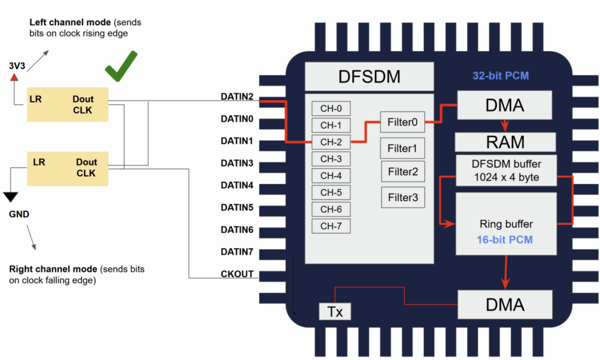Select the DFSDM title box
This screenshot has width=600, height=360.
[369, 77]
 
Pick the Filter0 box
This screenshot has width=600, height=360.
[403, 123]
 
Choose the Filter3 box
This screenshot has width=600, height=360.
[403, 198]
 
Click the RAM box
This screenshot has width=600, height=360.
[504, 142]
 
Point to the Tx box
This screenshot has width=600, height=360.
[335, 312]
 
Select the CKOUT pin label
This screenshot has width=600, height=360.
[237, 274]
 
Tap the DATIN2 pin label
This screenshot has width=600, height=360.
[237, 97]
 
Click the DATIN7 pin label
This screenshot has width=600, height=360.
[237, 252]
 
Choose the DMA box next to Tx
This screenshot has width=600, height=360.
[504, 304]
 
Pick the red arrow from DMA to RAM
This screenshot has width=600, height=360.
[504, 125]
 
